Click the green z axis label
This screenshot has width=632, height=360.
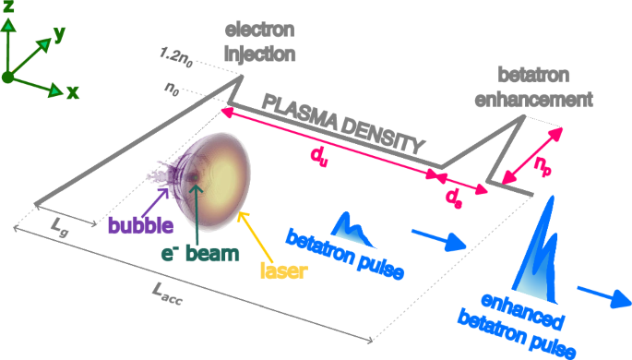pos(9,9)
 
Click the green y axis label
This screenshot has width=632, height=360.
pos(60,33)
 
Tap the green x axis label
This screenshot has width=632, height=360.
pos(72,91)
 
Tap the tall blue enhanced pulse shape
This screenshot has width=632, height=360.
pos(537,249)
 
